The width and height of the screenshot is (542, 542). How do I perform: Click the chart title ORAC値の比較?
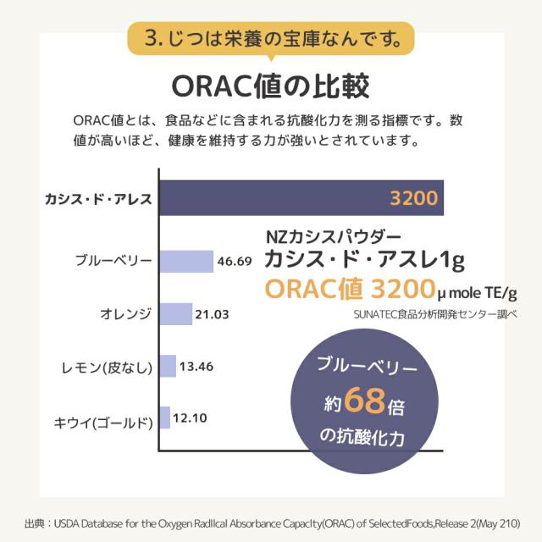click(x=270, y=86)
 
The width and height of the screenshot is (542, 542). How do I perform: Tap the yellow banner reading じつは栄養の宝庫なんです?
click(x=270, y=38)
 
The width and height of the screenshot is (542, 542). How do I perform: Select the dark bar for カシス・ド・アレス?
click(x=271, y=199)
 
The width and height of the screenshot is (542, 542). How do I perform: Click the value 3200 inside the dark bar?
click(x=413, y=200)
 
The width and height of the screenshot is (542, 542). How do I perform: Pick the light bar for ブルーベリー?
click(x=185, y=261)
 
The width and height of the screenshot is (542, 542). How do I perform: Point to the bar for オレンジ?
click(x=175, y=314)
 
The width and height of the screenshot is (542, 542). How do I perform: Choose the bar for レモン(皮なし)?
click(x=167, y=367)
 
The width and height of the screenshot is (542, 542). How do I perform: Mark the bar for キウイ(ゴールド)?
click(x=164, y=418)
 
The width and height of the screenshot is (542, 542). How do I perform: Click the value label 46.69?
click(x=235, y=262)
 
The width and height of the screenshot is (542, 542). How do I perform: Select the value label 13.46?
click(x=197, y=367)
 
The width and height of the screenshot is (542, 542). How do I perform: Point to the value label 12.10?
click(x=191, y=418)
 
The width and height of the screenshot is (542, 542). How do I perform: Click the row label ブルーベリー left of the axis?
click(x=113, y=261)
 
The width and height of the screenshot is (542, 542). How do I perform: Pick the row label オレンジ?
click(x=125, y=314)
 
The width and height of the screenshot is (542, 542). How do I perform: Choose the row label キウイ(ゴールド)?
click(x=102, y=419)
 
